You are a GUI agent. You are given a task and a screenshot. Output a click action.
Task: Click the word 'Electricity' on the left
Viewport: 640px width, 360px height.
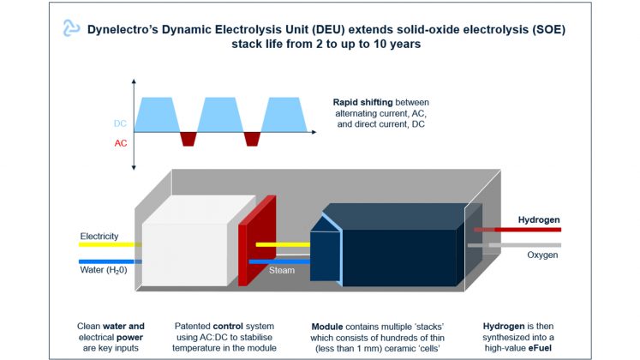pyautogui.click(x=99, y=236)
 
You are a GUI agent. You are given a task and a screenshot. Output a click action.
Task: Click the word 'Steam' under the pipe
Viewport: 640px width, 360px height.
pyautogui.click(x=282, y=270)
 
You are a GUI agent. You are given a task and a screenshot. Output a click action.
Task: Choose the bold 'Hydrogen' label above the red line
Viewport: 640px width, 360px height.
pyautogui.click(x=539, y=219)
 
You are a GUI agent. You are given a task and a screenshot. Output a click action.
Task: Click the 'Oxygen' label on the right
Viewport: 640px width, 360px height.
pyautogui.click(x=542, y=255)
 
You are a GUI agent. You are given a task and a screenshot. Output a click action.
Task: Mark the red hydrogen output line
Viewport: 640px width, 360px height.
pyautogui.click(x=523, y=230)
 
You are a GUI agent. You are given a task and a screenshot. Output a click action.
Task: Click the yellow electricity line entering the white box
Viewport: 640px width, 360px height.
pyautogui.click(x=110, y=244)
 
